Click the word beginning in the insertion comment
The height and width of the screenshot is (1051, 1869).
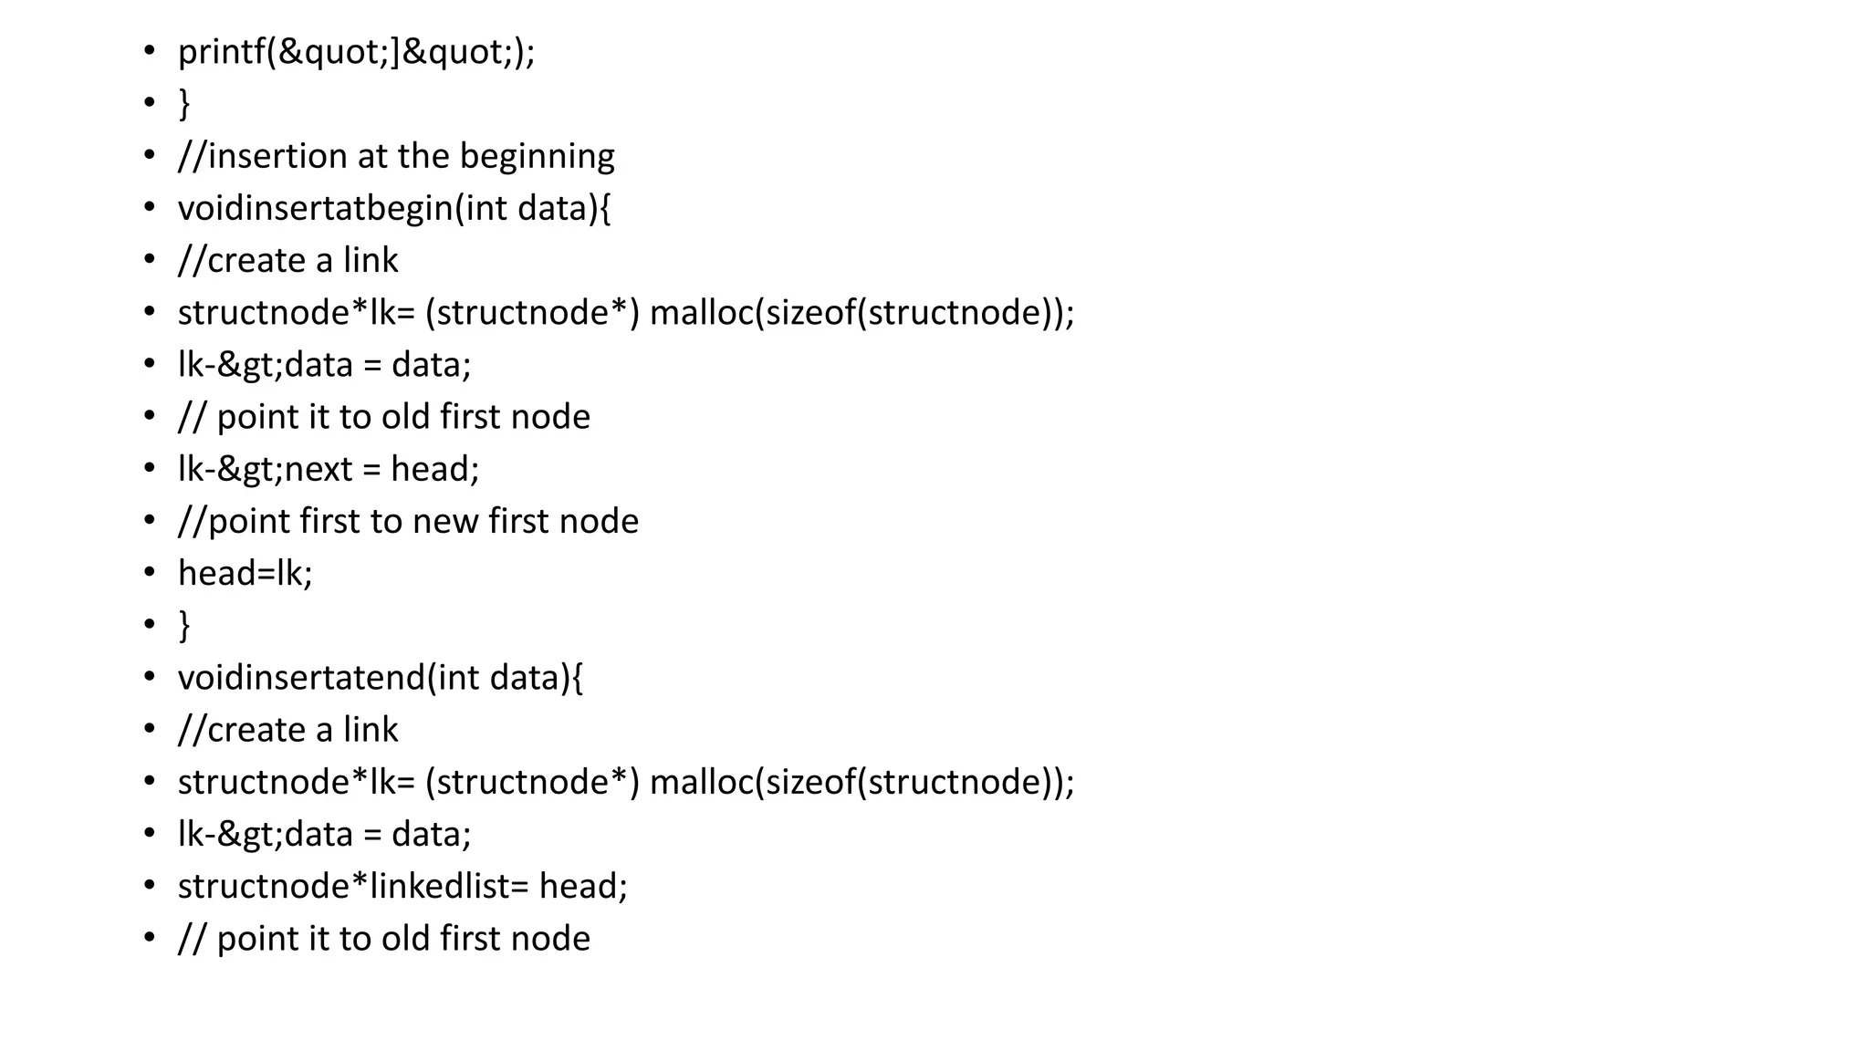coord(537,157)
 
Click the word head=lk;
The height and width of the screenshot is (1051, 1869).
coord(245,574)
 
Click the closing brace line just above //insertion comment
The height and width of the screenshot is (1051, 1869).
coord(184,104)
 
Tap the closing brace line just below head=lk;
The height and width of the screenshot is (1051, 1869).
coord(184,627)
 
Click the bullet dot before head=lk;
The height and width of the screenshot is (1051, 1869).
coord(150,574)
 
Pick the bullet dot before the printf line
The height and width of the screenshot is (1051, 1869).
coord(150,52)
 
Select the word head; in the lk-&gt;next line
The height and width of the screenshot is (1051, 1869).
coord(434,470)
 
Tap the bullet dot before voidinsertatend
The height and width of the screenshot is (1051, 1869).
coord(150,678)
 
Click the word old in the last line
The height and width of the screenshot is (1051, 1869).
coord(405,939)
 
